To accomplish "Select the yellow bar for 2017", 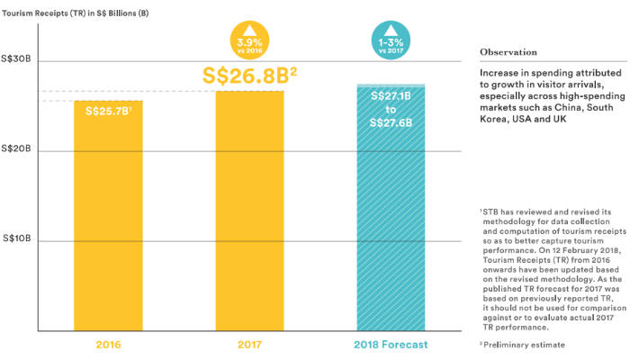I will [248, 216].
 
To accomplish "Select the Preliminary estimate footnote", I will [521, 344].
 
